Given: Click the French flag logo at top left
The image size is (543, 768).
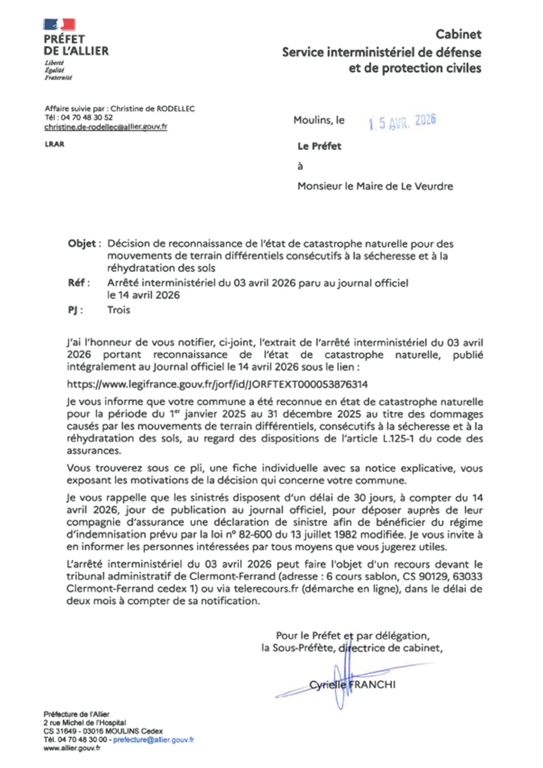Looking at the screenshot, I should click(59, 25).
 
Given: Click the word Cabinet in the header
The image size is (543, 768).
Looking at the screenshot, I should click(458, 34).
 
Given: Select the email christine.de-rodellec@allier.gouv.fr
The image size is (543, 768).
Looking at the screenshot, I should click(106, 127).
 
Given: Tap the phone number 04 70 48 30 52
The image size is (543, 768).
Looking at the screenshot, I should click(87, 117).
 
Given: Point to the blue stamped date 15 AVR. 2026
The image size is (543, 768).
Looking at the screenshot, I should click(402, 122).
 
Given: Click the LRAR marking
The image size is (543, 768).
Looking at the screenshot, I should click(54, 144).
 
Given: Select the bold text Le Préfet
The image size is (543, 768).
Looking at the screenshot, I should click(319, 146).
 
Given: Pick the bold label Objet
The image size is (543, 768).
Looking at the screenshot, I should click(82, 243).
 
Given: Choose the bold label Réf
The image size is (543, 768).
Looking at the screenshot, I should click(77, 283).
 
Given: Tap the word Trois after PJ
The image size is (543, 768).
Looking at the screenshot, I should click(119, 310).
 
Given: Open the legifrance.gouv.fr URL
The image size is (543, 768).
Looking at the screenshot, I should click(217, 384).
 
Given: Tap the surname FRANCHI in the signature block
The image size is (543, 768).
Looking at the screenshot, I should click(373, 684).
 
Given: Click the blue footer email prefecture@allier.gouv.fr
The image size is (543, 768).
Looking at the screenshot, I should click(153, 740).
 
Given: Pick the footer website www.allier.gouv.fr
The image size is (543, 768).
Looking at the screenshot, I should click(72, 748).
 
